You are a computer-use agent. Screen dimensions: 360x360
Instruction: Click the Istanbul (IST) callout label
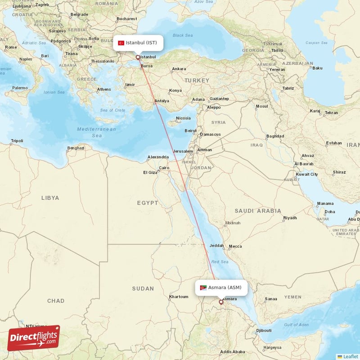pos(138,43)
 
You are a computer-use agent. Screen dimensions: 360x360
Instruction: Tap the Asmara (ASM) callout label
pos(221,288)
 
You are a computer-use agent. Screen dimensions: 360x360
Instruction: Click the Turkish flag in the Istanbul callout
pos(121,43)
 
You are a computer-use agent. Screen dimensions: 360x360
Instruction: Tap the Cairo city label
pos(163,168)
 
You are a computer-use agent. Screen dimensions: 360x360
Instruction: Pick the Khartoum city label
pos(178,297)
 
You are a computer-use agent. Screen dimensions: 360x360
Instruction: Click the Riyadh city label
pos(290,218)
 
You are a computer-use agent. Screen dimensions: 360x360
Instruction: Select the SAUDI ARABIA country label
pos(258,211)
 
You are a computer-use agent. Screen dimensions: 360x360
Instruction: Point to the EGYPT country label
pos(148,203)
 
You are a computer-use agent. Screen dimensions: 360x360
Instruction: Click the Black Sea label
pos(182,35)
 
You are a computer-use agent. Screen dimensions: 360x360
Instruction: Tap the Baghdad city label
pos(275,136)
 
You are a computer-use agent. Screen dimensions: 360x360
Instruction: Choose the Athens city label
pos(104,89)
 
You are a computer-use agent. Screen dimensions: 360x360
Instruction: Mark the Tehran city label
pos(331,112)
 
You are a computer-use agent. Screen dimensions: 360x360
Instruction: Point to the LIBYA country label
pos(50,198)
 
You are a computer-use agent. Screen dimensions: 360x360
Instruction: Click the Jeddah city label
pos(216,246)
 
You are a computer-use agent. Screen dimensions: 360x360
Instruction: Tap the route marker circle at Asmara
pos(220,302)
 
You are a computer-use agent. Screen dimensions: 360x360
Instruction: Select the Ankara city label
pos(179,69)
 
